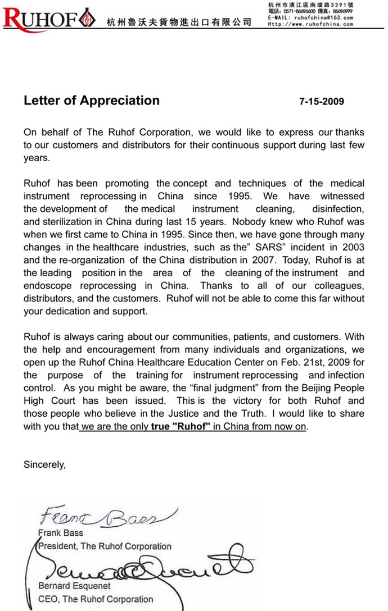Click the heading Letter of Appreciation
92,101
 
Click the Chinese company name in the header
179,22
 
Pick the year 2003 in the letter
351,248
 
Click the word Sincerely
44,464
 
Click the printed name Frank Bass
60,533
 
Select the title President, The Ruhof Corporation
105,546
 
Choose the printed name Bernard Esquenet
75,587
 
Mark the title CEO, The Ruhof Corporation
95,599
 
